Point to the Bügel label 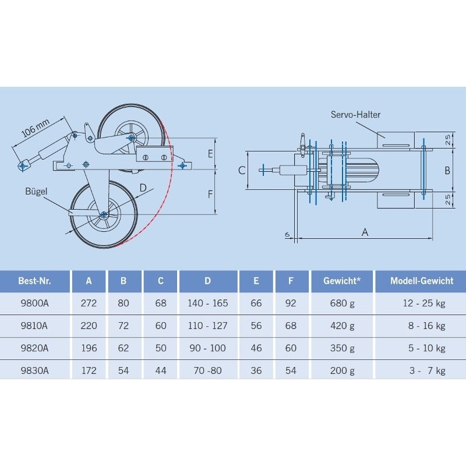click(36, 191)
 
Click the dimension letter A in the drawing click(365, 232)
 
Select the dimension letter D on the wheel click(143, 187)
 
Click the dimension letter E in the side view click(210, 154)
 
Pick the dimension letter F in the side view click(210, 193)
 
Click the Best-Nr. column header click(35, 281)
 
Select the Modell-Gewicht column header click(422, 281)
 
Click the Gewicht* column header click(342, 281)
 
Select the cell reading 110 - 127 click(207, 326)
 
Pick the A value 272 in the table click(89, 303)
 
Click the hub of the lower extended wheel click(104, 214)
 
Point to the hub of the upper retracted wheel click(130, 137)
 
